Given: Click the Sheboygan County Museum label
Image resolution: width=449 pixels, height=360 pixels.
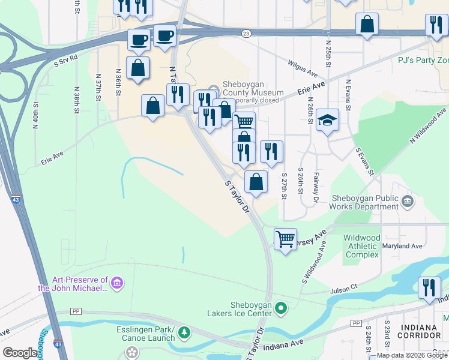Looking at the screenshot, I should [253, 89].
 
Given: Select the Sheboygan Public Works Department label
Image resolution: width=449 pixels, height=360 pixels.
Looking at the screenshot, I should [364, 202].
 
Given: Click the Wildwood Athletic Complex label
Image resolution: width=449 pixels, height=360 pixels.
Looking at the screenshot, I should [361, 246].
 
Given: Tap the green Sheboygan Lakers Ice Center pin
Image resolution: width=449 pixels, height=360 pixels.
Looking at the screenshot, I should [281, 309].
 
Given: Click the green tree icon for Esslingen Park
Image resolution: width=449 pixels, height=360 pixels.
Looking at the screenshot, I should [184, 332].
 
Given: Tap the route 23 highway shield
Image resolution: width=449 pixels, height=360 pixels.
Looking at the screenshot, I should [246, 34].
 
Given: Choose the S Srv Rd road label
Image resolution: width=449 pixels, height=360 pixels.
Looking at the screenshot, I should [65, 59].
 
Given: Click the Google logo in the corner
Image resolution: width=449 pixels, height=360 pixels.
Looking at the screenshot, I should [20, 353].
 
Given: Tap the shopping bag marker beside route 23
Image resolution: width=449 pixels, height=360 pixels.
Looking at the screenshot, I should [367, 25].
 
